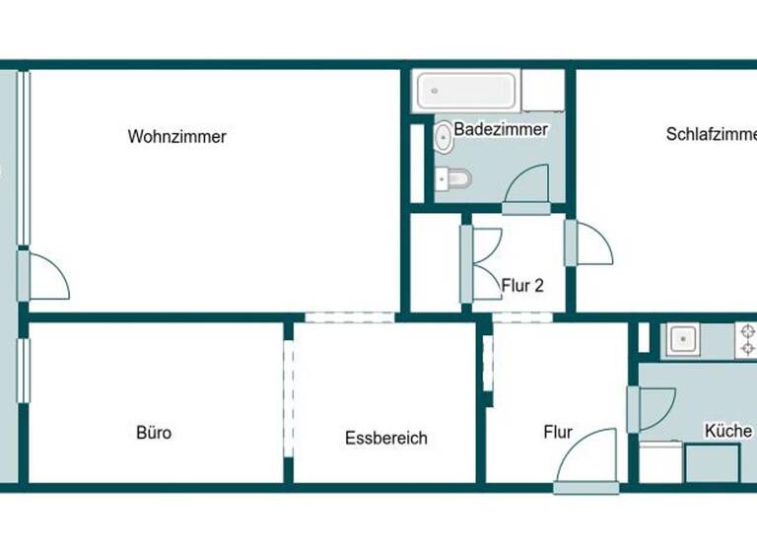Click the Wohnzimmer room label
point(176,137)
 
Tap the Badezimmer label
point(501,129)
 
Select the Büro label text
point(154,432)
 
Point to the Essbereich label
point(386,439)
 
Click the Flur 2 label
point(522,287)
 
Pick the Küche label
point(728,431)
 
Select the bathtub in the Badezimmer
point(463,92)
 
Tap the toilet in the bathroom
point(456,178)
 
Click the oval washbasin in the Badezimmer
point(445,137)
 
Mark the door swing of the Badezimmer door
point(528,185)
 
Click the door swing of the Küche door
point(654,408)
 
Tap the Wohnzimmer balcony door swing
point(48,277)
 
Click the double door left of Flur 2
point(485,263)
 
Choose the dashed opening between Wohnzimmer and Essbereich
point(349,317)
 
